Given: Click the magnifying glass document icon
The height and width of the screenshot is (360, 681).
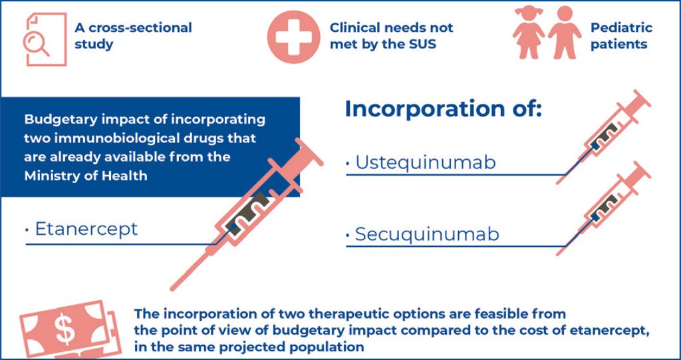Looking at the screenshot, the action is pyautogui.click(x=45, y=39).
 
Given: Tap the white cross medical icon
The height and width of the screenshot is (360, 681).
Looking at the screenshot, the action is pyautogui.click(x=293, y=37).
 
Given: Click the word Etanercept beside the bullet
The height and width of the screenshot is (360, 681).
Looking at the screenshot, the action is pyautogui.click(x=86, y=229).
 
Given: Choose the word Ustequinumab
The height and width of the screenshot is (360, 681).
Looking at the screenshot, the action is pyautogui.click(x=425, y=163).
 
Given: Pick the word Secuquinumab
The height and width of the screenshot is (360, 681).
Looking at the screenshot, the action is pyautogui.click(x=427, y=235).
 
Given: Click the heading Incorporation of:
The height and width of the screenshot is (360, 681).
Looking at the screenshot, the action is pyautogui.click(x=444, y=109).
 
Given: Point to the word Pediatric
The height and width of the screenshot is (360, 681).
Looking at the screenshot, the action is pyautogui.click(x=621, y=28).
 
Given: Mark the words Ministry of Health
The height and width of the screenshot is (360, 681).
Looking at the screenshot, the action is pyautogui.click(x=86, y=176).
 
